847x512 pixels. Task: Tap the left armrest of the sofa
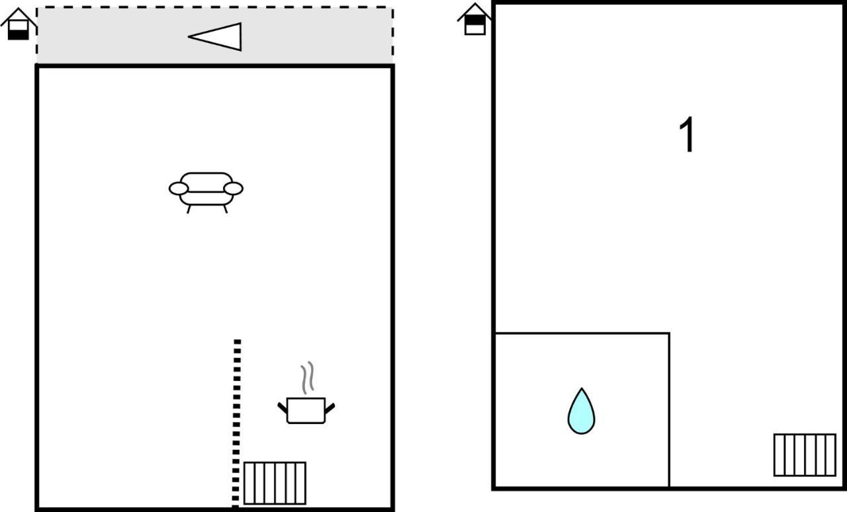179,189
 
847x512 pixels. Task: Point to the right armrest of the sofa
234,189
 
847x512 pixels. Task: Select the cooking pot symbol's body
306,410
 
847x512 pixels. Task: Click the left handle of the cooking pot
283,408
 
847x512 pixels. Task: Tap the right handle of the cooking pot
330,408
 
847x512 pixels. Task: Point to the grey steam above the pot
308,377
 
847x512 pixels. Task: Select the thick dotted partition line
236,423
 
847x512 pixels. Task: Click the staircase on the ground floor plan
275,483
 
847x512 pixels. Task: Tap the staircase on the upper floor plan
805,454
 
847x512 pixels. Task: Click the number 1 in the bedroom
687,134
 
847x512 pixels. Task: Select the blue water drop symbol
581,411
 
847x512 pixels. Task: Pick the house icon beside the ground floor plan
18,23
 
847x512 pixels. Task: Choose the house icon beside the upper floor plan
475,19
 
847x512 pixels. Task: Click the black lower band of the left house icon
18,35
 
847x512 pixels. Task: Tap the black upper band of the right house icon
475,20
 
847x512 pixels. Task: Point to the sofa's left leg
189,209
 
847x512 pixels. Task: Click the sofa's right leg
226,209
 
